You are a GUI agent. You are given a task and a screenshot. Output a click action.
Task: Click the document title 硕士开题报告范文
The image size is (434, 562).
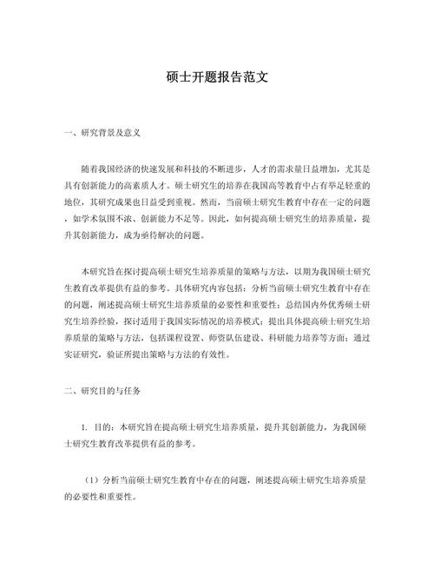pyautogui.click(x=216, y=76)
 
